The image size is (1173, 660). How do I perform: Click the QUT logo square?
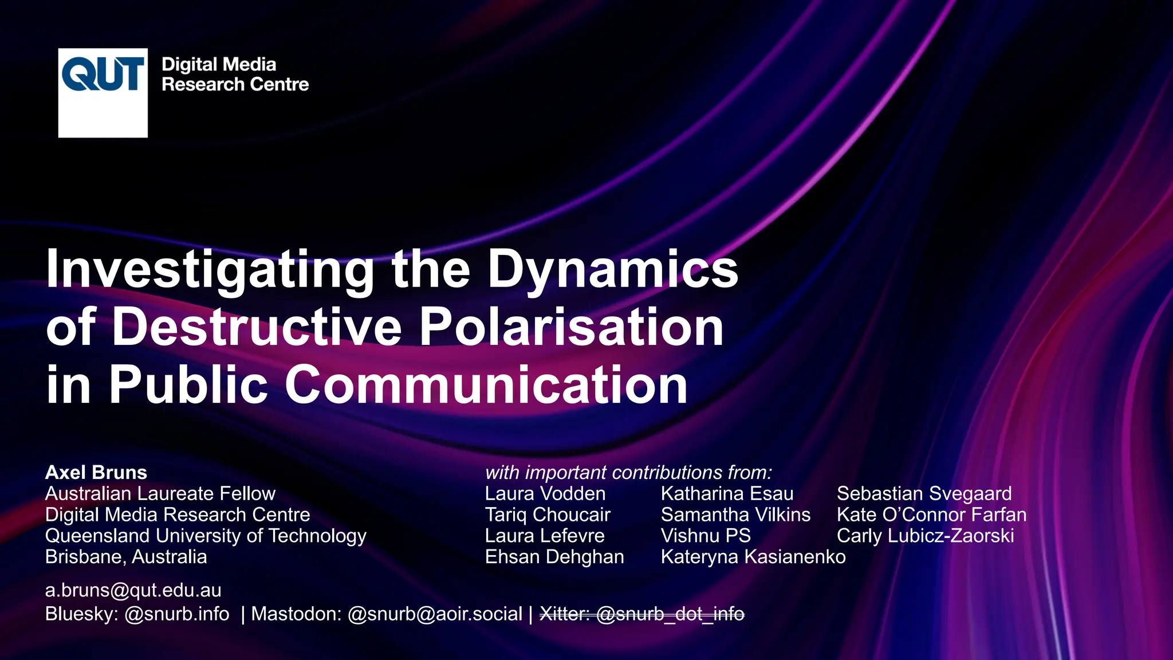(x=103, y=92)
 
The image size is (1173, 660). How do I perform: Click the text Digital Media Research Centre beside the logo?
(x=234, y=74)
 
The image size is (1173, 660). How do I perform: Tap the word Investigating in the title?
(x=210, y=269)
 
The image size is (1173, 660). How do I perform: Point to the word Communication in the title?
(x=486, y=384)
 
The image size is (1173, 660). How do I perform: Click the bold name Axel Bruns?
(x=96, y=472)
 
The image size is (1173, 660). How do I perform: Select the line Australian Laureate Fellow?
(x=160, y=493)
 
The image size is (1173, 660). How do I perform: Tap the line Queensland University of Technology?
(x=206, y=536)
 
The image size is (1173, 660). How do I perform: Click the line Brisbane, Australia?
(x=126, y=557)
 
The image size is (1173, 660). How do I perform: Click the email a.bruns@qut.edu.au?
(x=133, y=590)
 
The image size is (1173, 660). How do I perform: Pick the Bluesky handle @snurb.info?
(x=177, y=614)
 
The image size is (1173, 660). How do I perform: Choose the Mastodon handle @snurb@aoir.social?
(x=435, y=614)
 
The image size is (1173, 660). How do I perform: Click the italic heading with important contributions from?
(x=628, y=472)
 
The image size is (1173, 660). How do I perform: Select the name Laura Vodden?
(x=545, y=493)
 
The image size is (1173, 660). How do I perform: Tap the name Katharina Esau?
(x=727, y=493)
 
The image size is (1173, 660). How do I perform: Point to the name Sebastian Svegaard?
(x=924, y=493)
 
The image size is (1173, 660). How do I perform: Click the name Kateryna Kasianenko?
(x=753, y=557)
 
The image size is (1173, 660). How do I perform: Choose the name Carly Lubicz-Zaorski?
(x=925, y=536)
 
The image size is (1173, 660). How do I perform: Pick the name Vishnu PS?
(x=705, y=536)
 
